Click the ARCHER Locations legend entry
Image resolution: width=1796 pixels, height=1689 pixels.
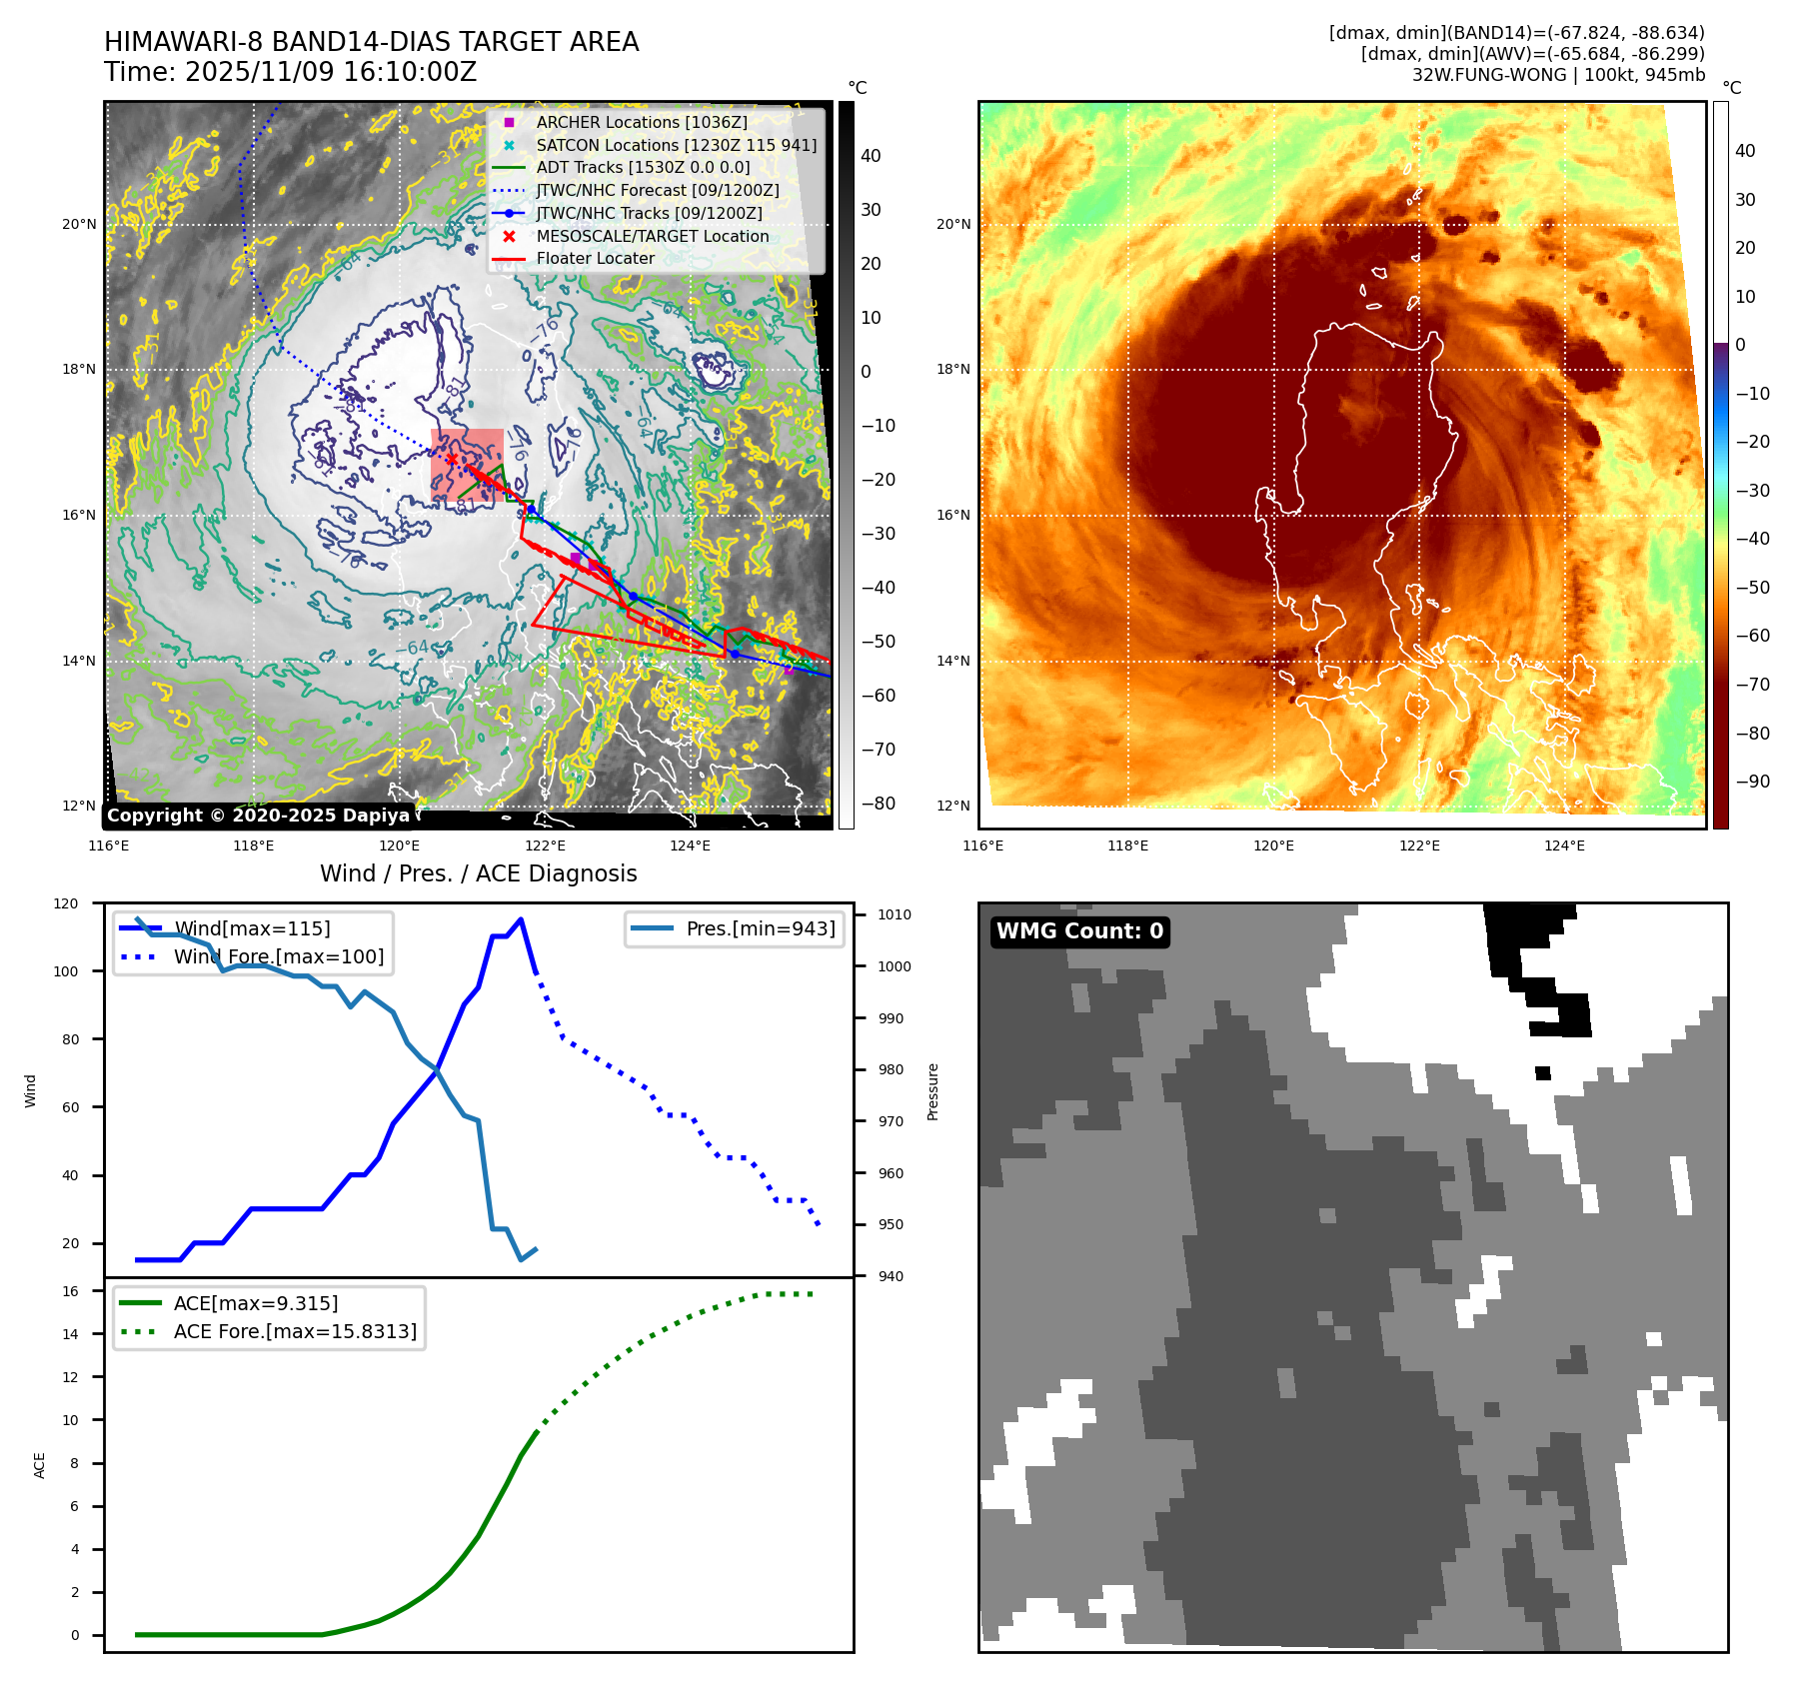click(641, 122)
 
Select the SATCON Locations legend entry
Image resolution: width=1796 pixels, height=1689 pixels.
click(676, 145)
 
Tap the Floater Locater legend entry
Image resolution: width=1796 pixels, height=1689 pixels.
click(595, 258)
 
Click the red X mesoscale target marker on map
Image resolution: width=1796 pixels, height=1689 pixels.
click(452, 459)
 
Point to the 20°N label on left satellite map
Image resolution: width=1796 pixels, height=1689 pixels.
click(79, 224)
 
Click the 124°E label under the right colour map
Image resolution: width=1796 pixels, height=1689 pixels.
click(1564, 845)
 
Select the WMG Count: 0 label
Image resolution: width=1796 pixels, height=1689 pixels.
click(1079, 931)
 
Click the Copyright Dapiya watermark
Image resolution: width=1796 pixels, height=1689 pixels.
click(258, 816)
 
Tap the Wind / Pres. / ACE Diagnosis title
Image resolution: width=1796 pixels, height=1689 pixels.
click(478, 873)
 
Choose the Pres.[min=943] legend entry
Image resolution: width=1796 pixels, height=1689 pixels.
click(760, 928)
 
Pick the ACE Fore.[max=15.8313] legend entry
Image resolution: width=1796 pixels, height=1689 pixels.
click(295, 1331)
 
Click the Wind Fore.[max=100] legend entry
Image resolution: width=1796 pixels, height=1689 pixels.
click(278, 956)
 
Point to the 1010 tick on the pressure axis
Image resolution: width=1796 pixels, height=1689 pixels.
click(894, 914)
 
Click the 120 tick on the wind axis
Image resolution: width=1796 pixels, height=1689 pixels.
click(66, 903)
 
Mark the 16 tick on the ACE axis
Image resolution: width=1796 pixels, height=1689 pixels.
click(70, 1291)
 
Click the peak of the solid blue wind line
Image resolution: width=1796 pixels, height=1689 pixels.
click(521, 919)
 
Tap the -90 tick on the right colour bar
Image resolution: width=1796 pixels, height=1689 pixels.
click(1752, 782)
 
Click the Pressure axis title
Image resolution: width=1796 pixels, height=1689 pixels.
click(932, 1091)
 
